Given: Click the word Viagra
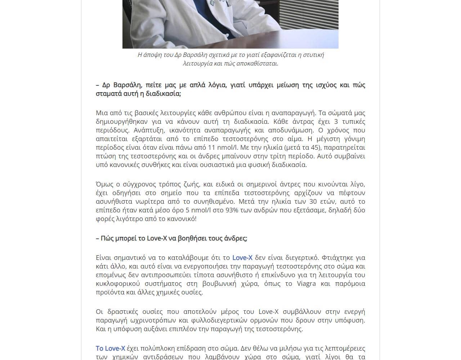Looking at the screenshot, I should [306, 284].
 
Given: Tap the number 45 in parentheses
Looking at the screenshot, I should [314, 148].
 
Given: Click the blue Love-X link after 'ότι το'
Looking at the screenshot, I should [242, 258].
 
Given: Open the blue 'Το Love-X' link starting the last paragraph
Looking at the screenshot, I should [110, 348].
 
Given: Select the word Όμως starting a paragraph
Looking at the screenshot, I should [105, 184].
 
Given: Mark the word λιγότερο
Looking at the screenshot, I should [130, 219].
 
